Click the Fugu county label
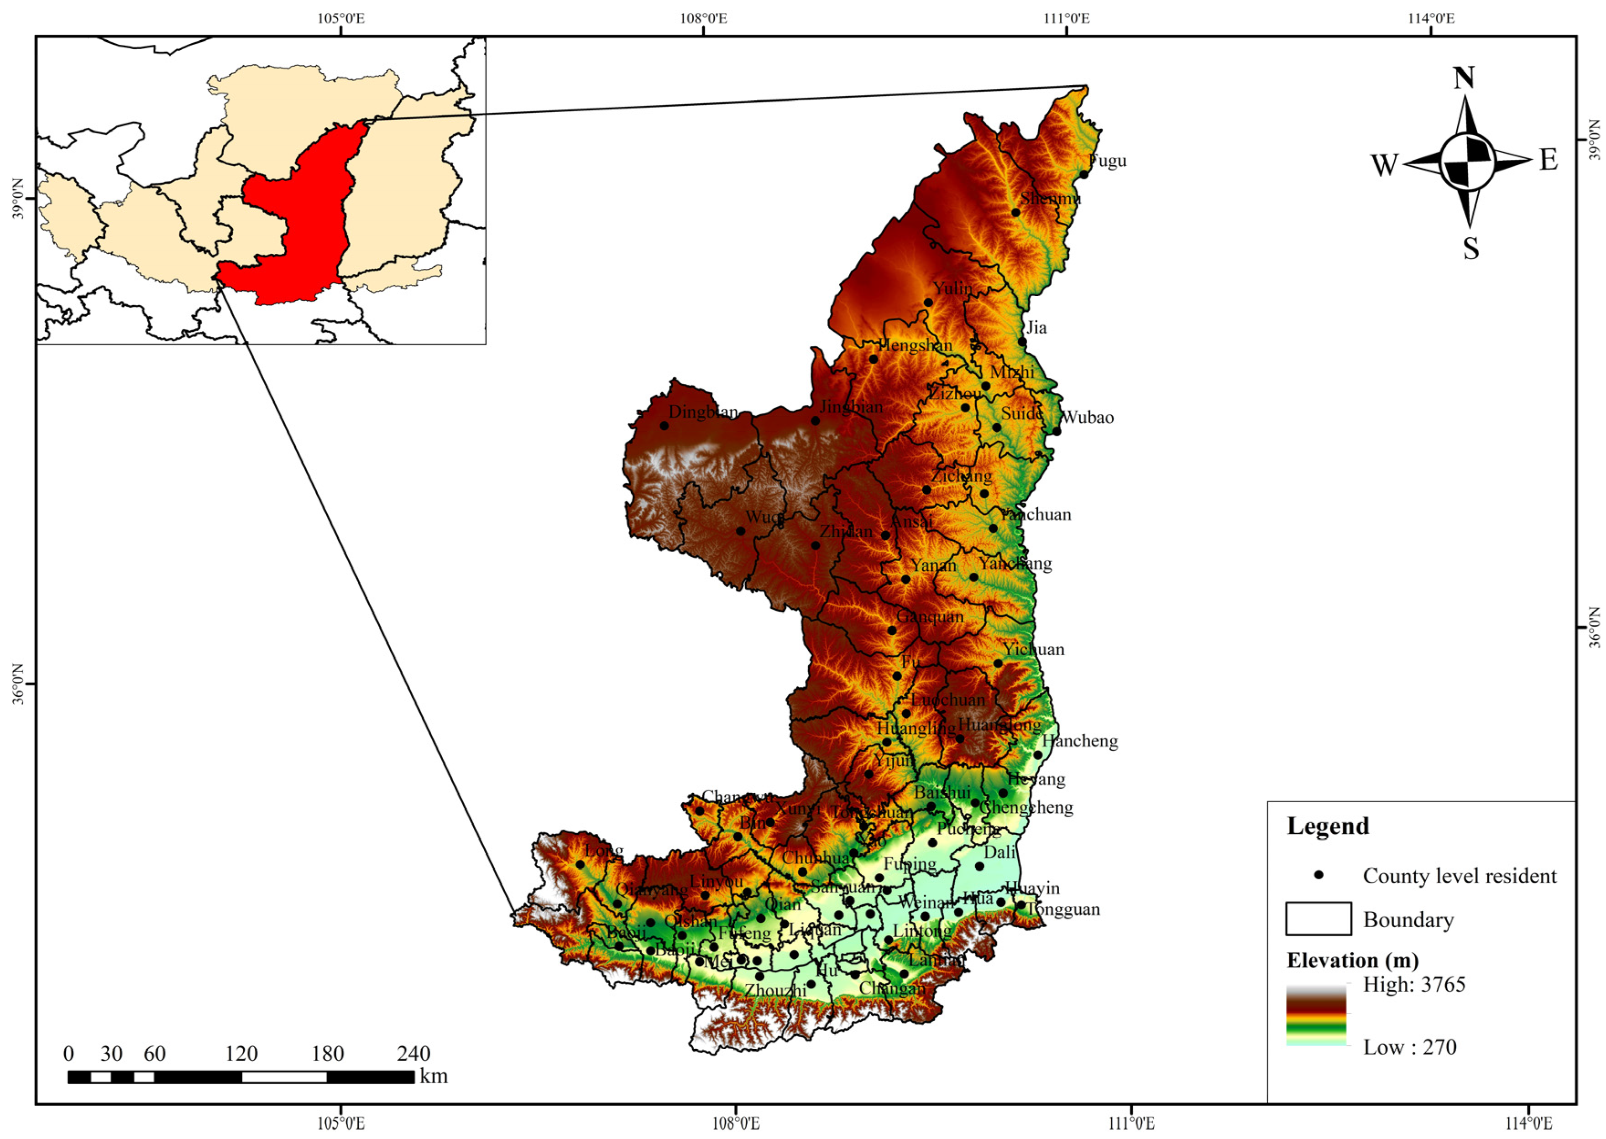(1108, 161)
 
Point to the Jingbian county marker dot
(815, 421)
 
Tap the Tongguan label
(1063, 909)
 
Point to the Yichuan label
(1033, 649)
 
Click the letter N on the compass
(1463, 78)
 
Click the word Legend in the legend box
(1328, 826)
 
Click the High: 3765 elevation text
(1414, 985)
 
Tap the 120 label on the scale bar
(241, 1053)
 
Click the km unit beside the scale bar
(434, 1076)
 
